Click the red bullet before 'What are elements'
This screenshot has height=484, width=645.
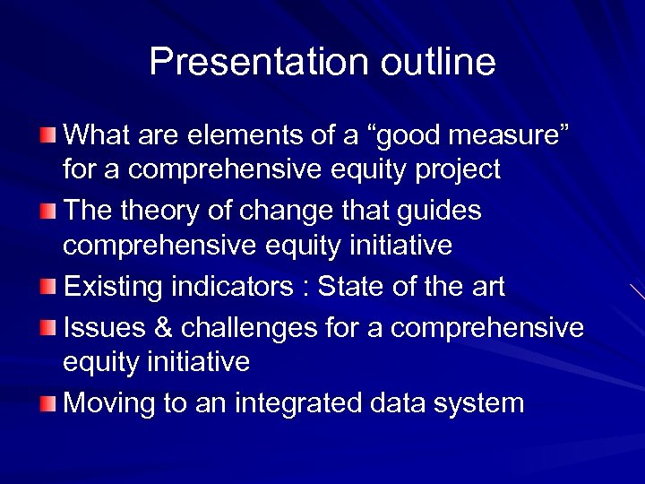pos(47,136)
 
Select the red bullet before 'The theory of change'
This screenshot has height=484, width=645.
pos(47,212)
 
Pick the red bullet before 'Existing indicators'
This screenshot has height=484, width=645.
pos(47,288)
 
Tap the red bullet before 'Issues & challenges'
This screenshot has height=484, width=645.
pos(47,328)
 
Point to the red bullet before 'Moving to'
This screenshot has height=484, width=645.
pos(47,403)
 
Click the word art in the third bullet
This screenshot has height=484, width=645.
pos(484,287)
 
